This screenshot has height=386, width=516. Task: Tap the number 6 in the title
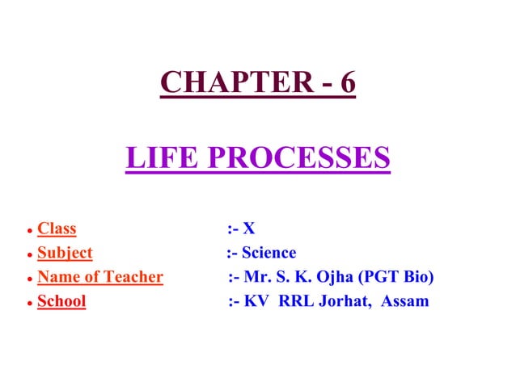tap(347, 82)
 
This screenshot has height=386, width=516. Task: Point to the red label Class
tap(57, 229)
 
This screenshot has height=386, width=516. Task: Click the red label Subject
tap(65, 253)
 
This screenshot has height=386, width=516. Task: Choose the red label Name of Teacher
tap(100, 277)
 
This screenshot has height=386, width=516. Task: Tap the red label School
tap(61, 301)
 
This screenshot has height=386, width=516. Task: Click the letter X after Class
tap(249, 229)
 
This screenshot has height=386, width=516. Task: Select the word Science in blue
tap(269, 253)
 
